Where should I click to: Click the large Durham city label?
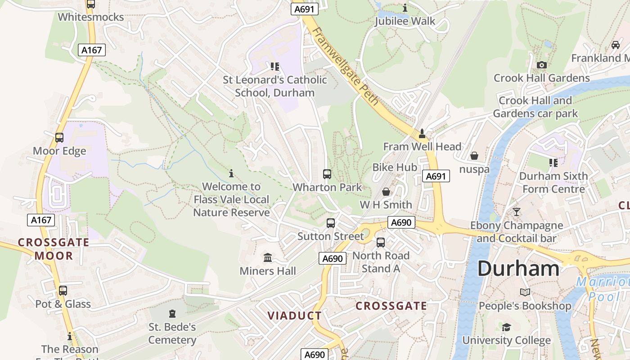518,269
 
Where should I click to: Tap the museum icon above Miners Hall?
268,257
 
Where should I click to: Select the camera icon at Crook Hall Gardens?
542,65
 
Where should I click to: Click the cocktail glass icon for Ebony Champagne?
516,211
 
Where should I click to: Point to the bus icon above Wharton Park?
327,174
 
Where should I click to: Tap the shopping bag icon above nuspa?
474,156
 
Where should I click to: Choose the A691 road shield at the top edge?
305,9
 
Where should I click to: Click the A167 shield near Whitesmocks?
92,50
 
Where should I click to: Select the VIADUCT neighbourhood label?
295,315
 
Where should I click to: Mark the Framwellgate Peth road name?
346,67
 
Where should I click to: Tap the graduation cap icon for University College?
506,327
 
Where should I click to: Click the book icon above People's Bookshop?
525,292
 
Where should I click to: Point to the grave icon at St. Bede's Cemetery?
172,313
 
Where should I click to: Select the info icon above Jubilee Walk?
405,8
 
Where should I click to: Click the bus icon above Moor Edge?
59,138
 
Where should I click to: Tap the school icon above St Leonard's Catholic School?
274,67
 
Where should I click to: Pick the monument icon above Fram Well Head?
422,133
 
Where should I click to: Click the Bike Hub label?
394,167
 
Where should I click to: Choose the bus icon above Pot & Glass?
63,291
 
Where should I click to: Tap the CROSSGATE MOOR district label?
53,249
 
